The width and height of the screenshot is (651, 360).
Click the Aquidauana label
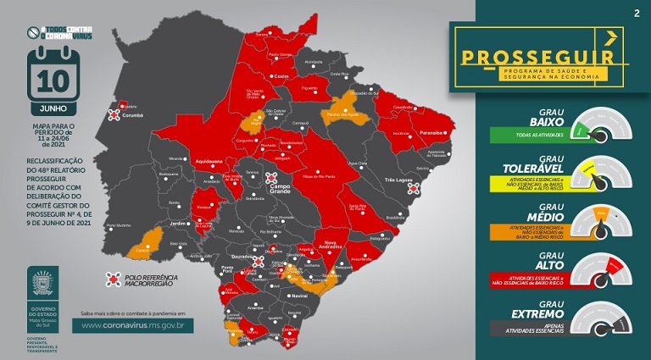pyautogui.click(x=210, y=158)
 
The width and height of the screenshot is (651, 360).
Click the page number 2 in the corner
pyautogui.click(x=636, y=13)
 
